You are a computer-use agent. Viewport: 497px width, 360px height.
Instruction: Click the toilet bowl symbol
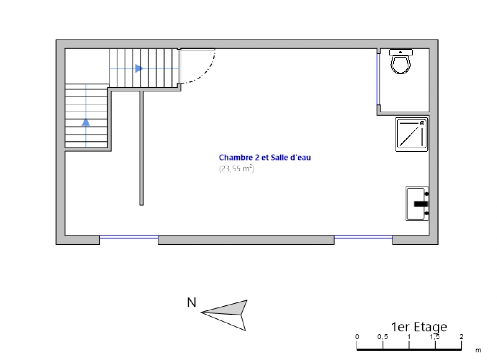point(401,62)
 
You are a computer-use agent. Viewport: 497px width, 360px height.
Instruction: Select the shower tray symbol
point(412,135)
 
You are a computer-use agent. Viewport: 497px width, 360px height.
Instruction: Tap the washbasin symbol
point(417,204)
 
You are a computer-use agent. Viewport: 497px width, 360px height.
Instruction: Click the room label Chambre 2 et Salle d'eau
point(265,157)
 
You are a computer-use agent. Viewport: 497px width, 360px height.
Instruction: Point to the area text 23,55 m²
point(236,168)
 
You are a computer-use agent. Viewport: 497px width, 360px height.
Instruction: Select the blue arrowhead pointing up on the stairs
point(86,122)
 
